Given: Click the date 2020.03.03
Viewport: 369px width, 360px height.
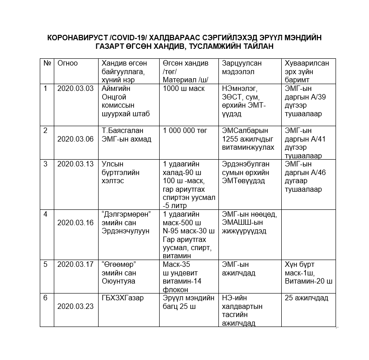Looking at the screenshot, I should (76, 88).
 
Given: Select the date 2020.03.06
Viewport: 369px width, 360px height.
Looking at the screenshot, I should (76, 139).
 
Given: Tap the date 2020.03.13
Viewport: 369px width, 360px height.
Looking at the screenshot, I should (76, 164).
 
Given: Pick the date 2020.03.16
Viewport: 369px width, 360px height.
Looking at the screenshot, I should (76, 223).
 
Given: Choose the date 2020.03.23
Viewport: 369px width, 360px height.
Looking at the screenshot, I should (76, 307).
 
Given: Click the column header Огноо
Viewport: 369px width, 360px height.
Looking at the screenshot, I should (68, 63).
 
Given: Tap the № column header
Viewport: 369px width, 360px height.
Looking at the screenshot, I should (47, 63).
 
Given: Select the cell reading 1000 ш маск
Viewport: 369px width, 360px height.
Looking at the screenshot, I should (184, 88).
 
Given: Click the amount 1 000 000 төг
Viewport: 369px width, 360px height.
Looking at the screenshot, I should (185, 130).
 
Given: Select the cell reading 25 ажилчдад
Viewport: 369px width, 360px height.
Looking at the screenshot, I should (307, 298).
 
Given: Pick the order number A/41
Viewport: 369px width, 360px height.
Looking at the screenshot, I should (317, 139).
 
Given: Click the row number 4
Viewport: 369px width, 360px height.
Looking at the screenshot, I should (45, 214).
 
